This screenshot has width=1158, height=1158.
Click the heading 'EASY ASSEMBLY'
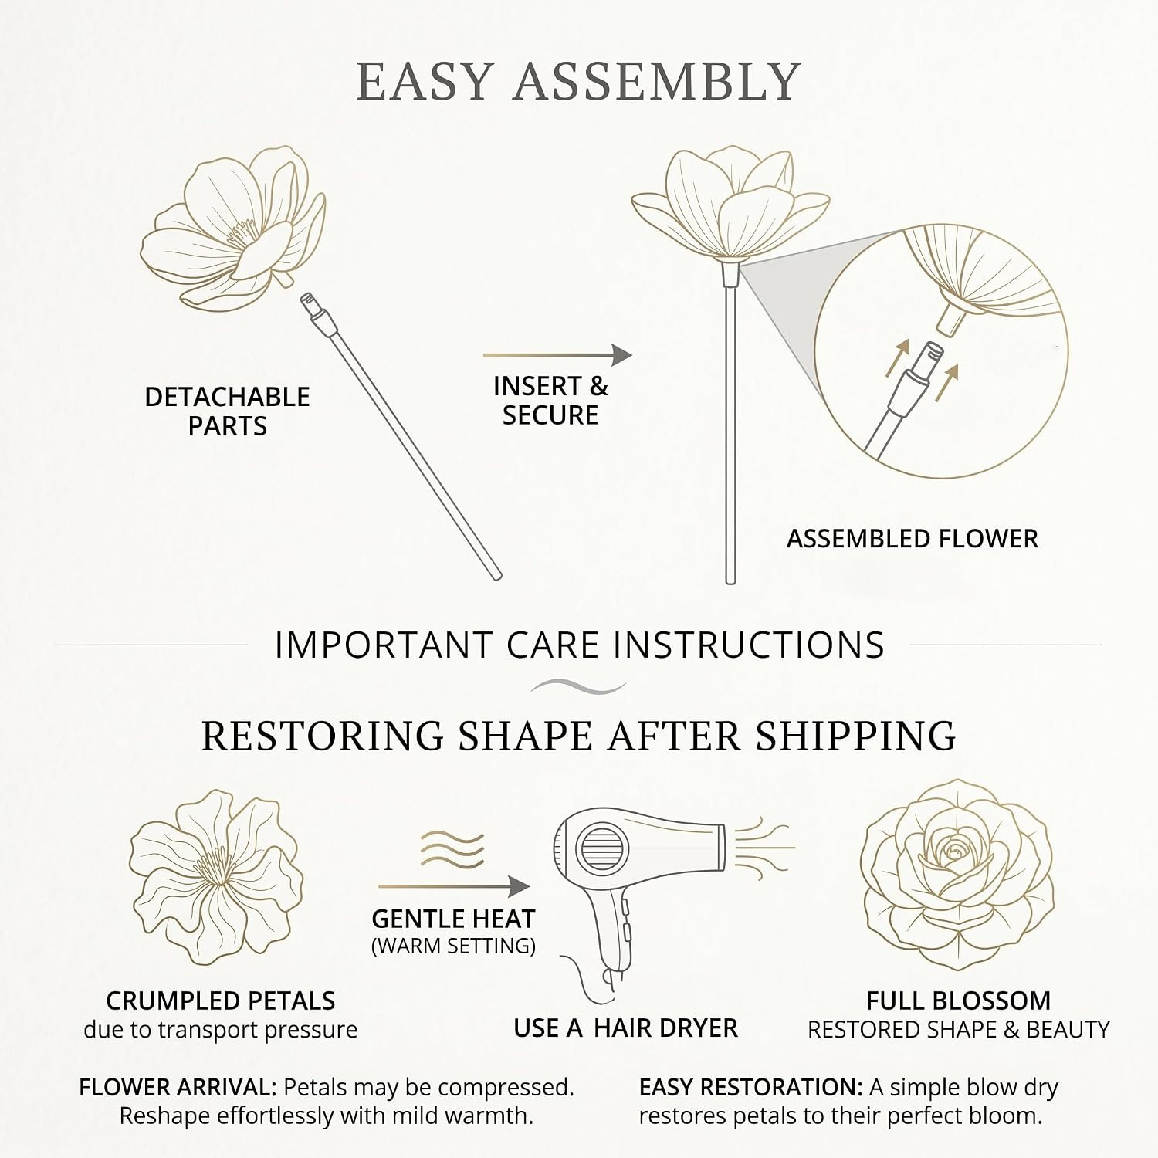(578, 81)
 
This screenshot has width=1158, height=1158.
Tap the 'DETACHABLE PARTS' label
(227, 411)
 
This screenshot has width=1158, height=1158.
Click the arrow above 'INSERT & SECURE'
(557, 355)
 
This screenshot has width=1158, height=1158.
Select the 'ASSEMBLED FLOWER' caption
(912, 538)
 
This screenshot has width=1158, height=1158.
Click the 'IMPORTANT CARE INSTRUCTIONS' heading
(580, 645)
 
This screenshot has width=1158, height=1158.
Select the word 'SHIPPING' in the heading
(856, 735)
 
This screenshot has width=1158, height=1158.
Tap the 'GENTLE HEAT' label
(453, 919)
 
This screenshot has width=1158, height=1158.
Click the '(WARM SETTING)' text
(453, 946)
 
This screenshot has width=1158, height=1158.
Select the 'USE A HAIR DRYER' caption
(625, 1028)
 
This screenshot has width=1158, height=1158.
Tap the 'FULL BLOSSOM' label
(958, 1001)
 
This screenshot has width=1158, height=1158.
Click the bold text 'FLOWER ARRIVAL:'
(178, 1088)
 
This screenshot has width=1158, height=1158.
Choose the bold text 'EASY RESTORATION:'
(750, 1088)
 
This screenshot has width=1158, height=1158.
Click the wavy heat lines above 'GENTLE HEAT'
(452, 850)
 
